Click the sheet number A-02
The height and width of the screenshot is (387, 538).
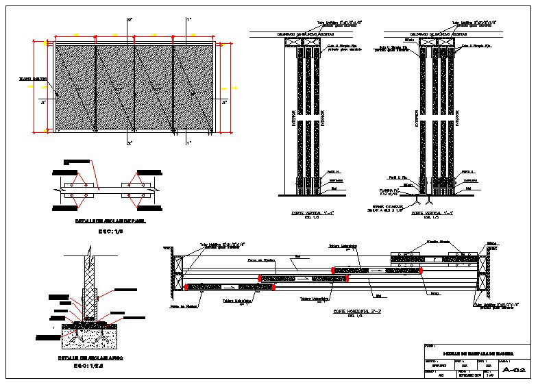tap(513, 370)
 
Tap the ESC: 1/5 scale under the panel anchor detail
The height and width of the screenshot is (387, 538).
tap(109, 231)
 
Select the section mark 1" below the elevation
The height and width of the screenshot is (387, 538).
tap(188, 142)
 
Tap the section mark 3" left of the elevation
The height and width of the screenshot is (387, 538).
tap(42, 103)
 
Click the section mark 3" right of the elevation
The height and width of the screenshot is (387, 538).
tap(224, 103)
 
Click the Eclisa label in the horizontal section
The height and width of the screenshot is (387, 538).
tap(435, 293)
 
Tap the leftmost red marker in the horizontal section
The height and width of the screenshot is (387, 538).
tap(185, 286)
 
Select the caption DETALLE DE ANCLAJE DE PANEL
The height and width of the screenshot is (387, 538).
tap(109, 221)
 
